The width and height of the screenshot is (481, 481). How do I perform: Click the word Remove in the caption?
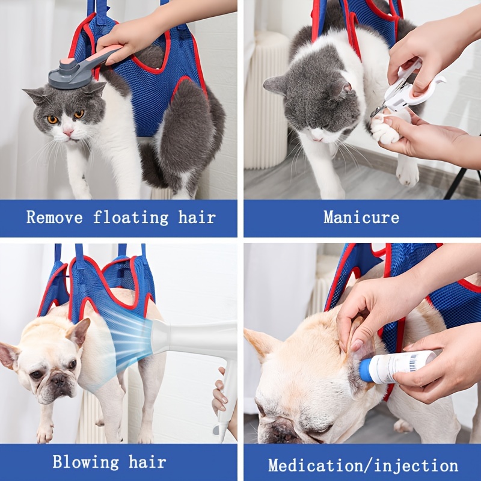click(x=54, y=218)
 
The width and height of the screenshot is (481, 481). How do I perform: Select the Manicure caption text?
click(x=361, y=218)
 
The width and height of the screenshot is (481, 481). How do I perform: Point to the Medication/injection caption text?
click(x=363, y=465)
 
